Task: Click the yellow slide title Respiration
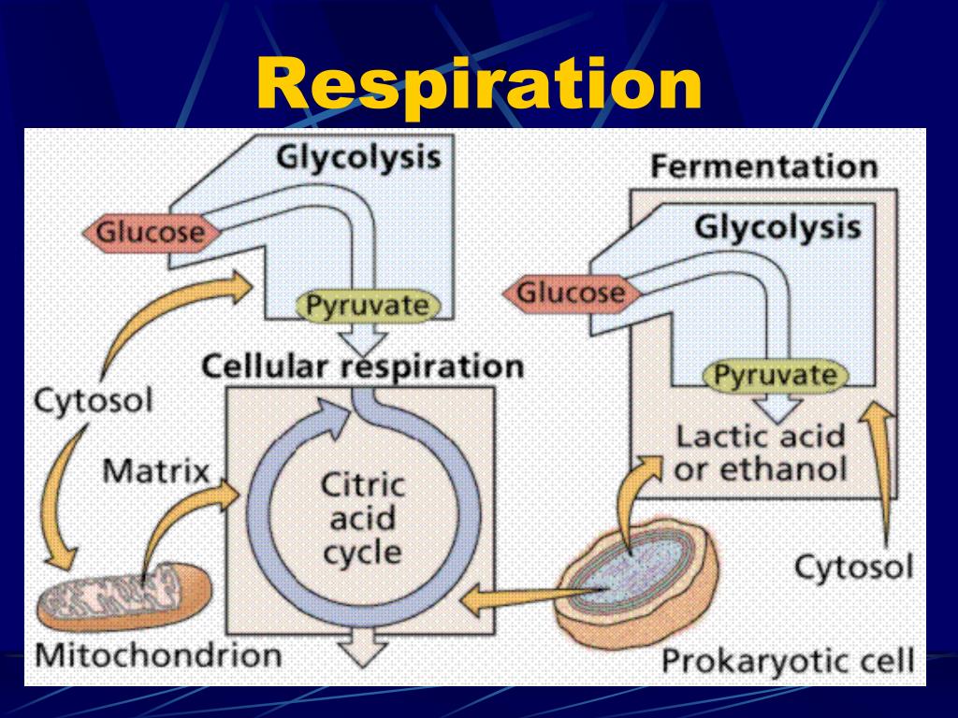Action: tap(479, 84)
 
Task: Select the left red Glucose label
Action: tap(151, 231)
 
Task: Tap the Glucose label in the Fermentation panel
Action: tap(571, 294)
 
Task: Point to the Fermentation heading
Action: tap(763, 167)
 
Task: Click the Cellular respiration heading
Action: tap(362, 366)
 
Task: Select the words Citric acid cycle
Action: tap(363, 519)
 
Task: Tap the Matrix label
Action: tap(155, 470)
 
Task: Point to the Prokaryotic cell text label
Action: tap(788, 661)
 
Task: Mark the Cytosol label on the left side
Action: tap(93, 402)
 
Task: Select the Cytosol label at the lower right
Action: tap(853, 567)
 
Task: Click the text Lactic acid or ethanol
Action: tap(760, 452)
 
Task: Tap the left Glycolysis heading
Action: tap(357, 156)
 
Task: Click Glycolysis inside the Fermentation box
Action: tap(777, 227)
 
